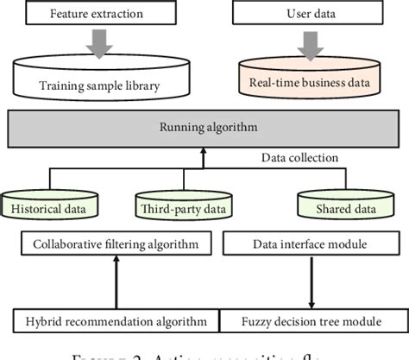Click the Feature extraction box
[99, 15]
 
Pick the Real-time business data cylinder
[308, 79]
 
